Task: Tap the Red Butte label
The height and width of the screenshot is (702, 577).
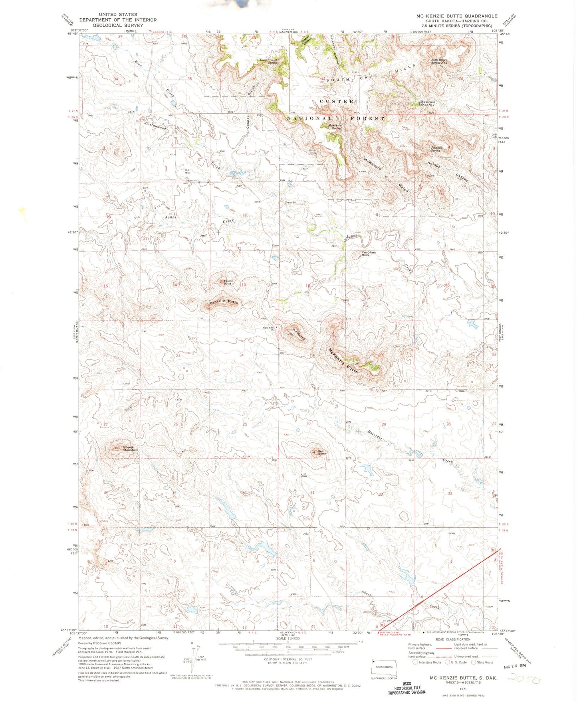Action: tap(321, 452)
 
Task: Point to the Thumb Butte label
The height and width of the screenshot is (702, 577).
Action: tap(228, 282)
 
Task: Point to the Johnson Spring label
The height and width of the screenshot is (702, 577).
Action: tap(436, 149)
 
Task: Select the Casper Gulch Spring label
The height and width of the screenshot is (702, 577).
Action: tap(269, 62)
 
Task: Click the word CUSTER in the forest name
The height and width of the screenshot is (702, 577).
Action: tap(337, 101)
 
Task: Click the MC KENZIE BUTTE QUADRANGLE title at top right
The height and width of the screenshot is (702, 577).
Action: tap(457, 16)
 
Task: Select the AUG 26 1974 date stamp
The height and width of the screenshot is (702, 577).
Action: tap(513, 666)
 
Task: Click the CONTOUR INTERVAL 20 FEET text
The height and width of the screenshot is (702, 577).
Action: tap(288, 659)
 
